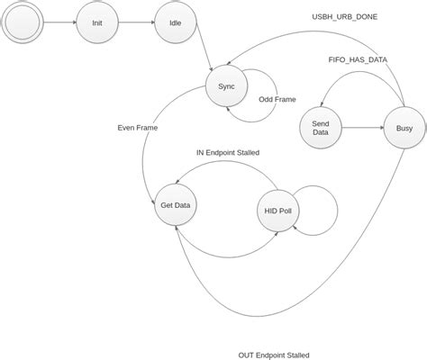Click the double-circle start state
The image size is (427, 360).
pos(21,22)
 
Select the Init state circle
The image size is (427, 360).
pos(97,22)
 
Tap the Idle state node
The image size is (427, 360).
pos(174,22)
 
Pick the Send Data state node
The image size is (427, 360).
pos(320,128)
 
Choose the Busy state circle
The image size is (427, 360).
pos(404,128)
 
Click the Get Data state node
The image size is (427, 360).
pos(175,205)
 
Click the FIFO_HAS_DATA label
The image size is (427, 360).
pos(358,58)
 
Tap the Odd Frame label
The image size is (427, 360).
pos(277,99)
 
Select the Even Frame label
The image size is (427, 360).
pos(138,128)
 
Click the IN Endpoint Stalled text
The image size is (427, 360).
pos(228,153)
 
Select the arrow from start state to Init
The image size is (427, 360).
pos(58,22)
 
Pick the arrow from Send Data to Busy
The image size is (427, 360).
pos(362,128)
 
